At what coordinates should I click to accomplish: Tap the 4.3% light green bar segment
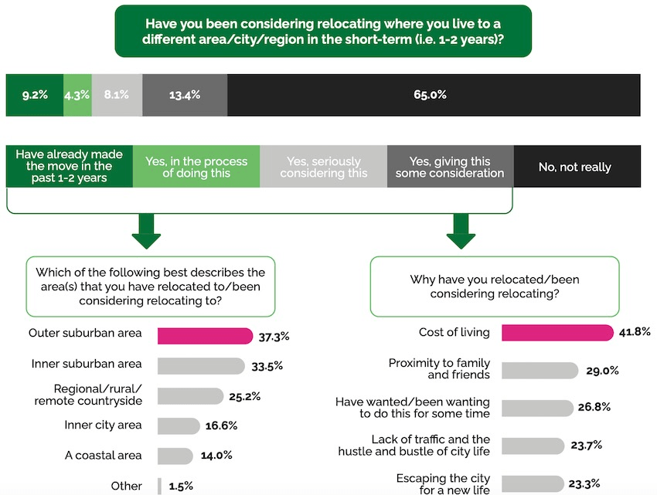tap(77, 95)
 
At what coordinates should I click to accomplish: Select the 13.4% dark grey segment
tap(185, 95)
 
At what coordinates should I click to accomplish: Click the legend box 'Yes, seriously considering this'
tap(323, 167)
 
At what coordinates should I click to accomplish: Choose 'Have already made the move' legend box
tap(70, 167)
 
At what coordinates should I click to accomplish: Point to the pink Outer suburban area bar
tap(205, 335)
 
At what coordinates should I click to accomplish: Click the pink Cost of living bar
tap(548, 332)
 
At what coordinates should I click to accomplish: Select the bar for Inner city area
tap(179, 425)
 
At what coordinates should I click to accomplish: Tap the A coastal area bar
tap(175, 456)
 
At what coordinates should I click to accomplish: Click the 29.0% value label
tap(602, 370)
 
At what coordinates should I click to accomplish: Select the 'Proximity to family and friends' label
tap(439, 368)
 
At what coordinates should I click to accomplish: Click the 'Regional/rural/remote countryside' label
tap(88, 395)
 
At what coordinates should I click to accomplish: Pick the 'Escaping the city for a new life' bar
tap(533, 484)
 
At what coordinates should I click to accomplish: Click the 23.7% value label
tap(587, 445)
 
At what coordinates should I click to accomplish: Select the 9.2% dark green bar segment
tap(35, 95)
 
